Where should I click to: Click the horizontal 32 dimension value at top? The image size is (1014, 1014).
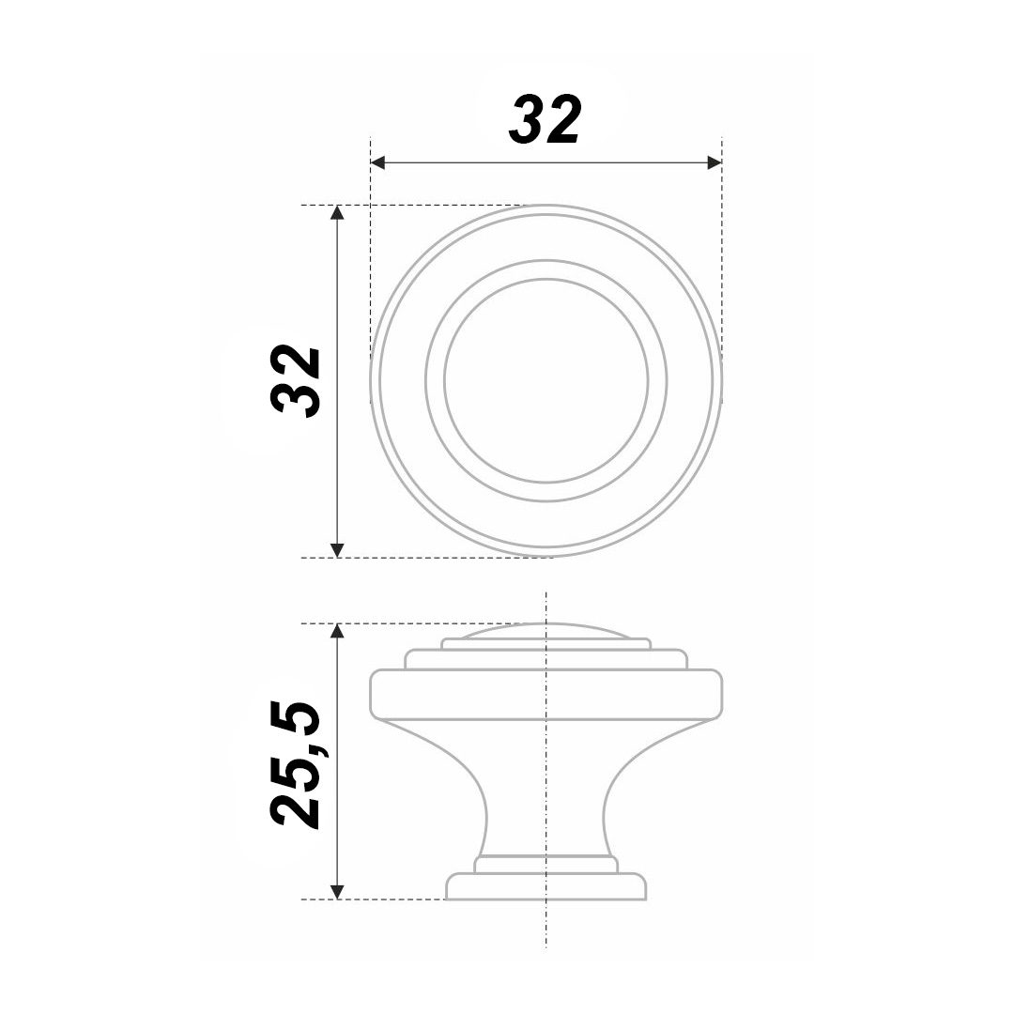point(545,119)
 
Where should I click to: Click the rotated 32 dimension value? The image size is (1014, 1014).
point(296,381)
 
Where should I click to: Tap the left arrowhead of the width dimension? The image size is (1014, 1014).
point(377,162)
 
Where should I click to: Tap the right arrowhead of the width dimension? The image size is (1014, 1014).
point(714,162)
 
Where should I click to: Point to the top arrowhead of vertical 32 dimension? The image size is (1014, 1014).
point(337,213)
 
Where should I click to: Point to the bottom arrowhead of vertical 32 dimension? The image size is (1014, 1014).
point(337,549)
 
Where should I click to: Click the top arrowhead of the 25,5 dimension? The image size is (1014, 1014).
point(337,631)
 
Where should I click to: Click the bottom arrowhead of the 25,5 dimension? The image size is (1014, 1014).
point(337,892)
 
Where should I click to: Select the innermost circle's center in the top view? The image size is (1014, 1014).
point(545,381)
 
